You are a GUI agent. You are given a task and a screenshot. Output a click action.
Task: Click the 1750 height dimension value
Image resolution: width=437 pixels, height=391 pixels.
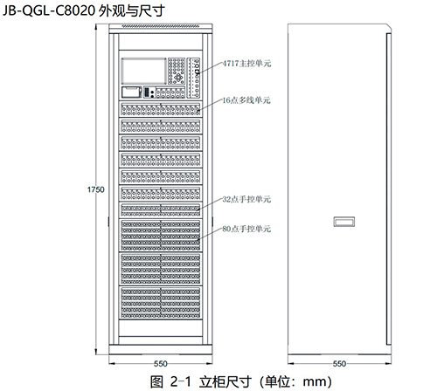(96, 189)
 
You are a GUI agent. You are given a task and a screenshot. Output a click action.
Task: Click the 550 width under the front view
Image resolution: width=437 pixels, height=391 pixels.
(161, 363)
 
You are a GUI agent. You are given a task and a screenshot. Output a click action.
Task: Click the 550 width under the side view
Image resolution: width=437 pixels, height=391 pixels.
(339, 363)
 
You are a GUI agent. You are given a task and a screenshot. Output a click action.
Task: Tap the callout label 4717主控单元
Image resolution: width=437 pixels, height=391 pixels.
(246, 63)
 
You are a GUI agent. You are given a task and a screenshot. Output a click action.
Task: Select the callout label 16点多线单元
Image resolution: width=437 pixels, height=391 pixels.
(246, 100)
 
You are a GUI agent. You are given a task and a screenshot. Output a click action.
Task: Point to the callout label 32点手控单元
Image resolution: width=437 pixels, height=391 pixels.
(246, 199)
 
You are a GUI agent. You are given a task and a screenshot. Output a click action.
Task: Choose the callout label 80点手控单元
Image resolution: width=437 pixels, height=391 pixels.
(246, 229)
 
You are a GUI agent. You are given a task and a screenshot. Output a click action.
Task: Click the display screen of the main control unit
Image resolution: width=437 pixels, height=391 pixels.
(143, 72)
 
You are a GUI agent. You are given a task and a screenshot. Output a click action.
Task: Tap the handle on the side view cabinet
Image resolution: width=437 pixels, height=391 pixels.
(344, 222)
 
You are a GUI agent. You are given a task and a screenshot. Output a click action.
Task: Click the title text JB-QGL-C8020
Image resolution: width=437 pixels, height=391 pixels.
(49, 10)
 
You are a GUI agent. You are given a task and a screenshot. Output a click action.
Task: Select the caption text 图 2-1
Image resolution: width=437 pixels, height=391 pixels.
(170, 381)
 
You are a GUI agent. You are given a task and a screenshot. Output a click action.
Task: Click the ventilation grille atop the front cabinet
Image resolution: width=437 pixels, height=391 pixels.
(161, 26)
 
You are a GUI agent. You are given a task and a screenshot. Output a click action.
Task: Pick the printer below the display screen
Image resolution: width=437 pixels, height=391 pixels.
(131, 92)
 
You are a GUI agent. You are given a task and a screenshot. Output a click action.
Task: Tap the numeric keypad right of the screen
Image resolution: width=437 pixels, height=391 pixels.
(177, 72)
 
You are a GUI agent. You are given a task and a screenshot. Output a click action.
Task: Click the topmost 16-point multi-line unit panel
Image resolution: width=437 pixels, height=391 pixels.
(161, 109)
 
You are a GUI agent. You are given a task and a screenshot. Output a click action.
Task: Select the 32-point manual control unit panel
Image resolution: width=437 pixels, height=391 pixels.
(161, 210)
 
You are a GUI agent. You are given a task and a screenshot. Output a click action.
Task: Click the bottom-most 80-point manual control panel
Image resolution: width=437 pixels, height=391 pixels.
(161, 303)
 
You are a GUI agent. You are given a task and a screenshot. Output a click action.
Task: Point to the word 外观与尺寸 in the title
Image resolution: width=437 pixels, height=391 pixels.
(132, 11)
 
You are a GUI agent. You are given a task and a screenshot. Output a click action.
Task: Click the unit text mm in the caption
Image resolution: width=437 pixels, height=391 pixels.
(315, 381)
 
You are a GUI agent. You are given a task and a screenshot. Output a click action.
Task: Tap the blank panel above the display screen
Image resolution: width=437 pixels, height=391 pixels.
(161, 42)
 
